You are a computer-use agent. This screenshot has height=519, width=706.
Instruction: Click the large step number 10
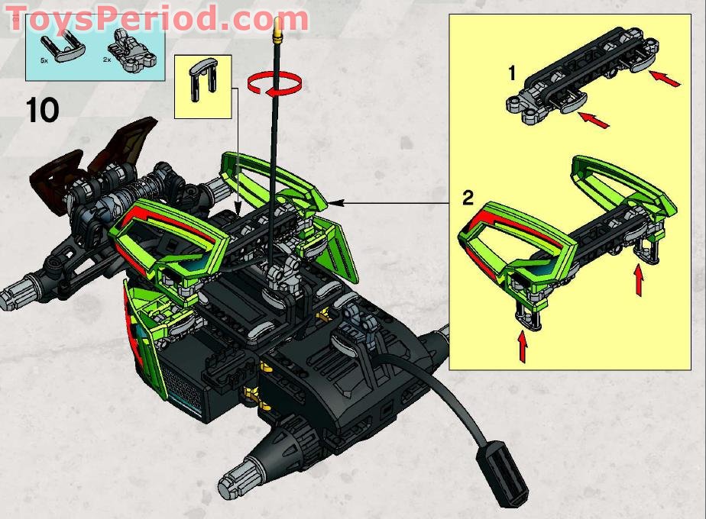[x=43, y=111]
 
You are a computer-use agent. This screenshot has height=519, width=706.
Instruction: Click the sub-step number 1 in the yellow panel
[x=511, y=73]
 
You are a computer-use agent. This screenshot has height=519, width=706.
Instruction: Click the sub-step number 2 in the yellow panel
[x=468, y=198]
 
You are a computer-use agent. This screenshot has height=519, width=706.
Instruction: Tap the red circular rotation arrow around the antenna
[x=274, y=85]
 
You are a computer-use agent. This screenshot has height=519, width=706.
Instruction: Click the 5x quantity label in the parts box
[x=44, y=60]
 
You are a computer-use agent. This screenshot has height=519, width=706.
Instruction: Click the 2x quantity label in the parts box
[x=107, y=59]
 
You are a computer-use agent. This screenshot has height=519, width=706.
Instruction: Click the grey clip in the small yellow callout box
[x=203, y=79]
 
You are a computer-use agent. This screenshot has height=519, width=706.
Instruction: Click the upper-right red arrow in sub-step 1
[x=665, y=79]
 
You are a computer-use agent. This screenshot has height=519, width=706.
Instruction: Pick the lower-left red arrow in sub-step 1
[x=593, y=120]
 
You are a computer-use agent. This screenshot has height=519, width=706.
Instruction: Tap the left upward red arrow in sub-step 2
[x=523, y=347]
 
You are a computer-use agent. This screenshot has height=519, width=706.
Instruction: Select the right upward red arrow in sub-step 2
[x=638, y=280]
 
